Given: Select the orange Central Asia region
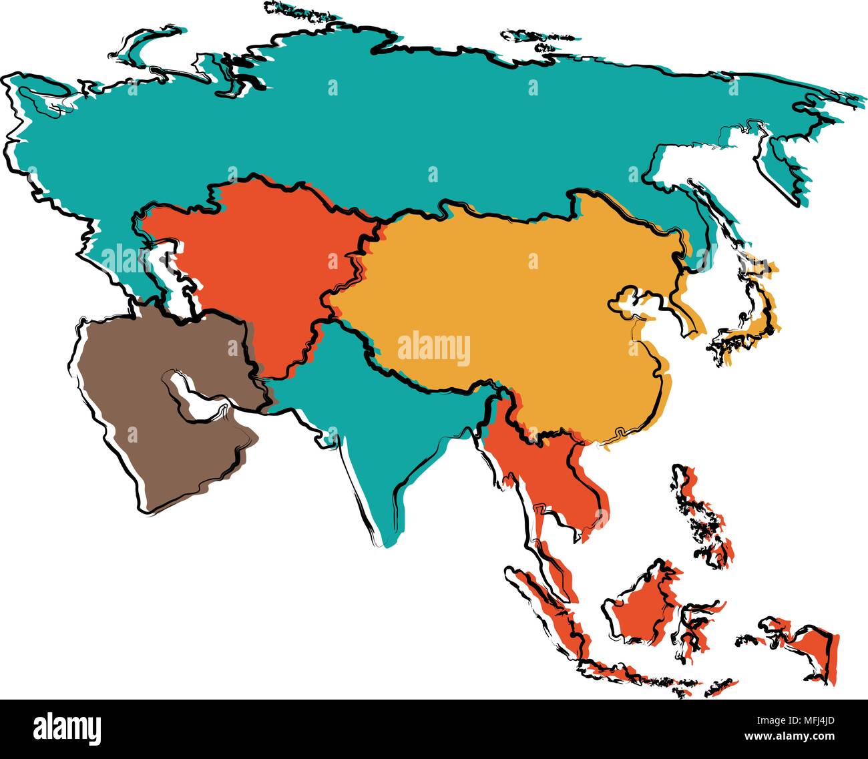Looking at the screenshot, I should pyautogui.click(x=267, y=267).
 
